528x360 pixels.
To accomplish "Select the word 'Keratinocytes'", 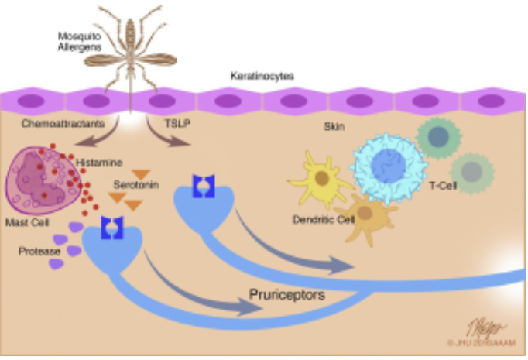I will click(x=262, y=77).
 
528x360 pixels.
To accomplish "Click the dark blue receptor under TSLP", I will click(x=202, y=185).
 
